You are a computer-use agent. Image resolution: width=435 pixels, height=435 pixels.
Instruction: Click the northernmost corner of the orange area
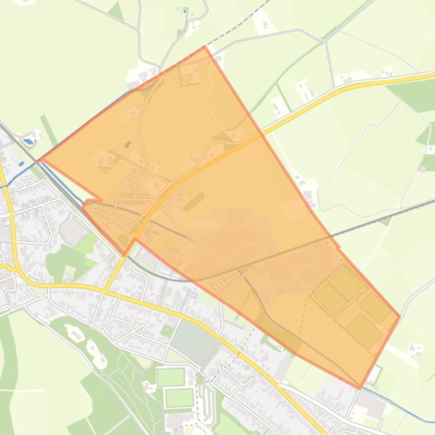[204, 47]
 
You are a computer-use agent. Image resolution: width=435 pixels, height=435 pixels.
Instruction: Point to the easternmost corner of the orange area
[399, 316]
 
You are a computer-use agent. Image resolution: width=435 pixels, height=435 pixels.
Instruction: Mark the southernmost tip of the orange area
[359, 389]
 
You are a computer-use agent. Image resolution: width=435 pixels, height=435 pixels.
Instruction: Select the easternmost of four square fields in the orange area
[375, 307]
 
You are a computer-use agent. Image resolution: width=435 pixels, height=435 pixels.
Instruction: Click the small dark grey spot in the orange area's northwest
[128, 129]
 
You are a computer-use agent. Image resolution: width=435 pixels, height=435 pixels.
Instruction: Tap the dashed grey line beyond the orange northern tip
[238, 26]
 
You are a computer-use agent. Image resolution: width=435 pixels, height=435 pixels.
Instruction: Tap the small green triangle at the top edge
[117, 11]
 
